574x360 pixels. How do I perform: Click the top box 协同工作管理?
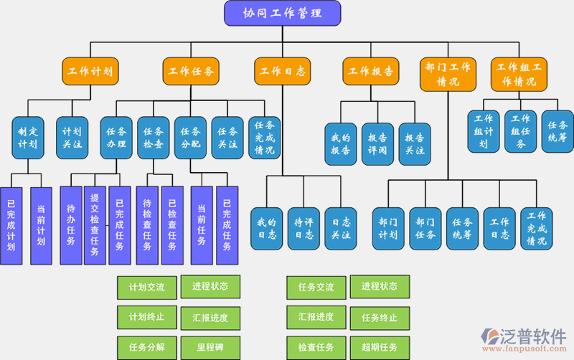(282, 13)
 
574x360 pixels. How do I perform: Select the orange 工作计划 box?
(89, 72)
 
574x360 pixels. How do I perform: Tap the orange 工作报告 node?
(370, 72)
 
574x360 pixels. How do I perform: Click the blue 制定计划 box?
(28, 138)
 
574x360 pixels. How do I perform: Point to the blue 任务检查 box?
(154, 138)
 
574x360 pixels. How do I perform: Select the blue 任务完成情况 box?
(264, 138)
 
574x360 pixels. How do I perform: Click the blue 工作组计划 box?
(484, 131)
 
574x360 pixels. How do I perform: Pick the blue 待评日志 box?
(304, 228)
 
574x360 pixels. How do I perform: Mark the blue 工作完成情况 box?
(536, 228)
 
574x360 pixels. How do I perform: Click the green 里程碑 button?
(210, 347)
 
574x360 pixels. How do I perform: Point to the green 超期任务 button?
(380, 347)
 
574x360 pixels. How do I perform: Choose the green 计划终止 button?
(146, 317)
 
